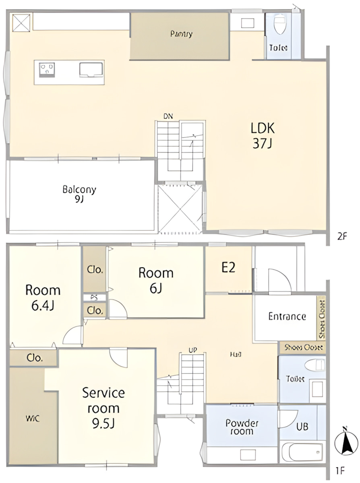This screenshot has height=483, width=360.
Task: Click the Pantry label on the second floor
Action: click(181, 34)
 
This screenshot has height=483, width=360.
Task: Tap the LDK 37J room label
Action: click(263, 136)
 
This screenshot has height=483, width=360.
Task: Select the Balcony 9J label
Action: click(79, 194)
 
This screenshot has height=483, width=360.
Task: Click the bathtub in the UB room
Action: click(302, 452)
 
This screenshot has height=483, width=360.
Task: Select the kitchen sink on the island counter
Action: click(91, 70)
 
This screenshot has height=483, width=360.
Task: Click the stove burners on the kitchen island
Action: click(48, 70)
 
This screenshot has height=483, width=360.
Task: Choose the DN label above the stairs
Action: click(168, 116)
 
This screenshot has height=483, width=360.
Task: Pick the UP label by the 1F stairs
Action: click(192, 350)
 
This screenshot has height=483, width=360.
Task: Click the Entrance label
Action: click(287, 316)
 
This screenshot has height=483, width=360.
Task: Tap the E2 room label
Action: click(228, 268)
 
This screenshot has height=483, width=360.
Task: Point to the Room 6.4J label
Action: click(43, 298)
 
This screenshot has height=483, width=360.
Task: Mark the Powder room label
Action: click(242, 427)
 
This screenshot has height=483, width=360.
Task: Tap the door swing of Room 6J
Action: click(118, 310)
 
